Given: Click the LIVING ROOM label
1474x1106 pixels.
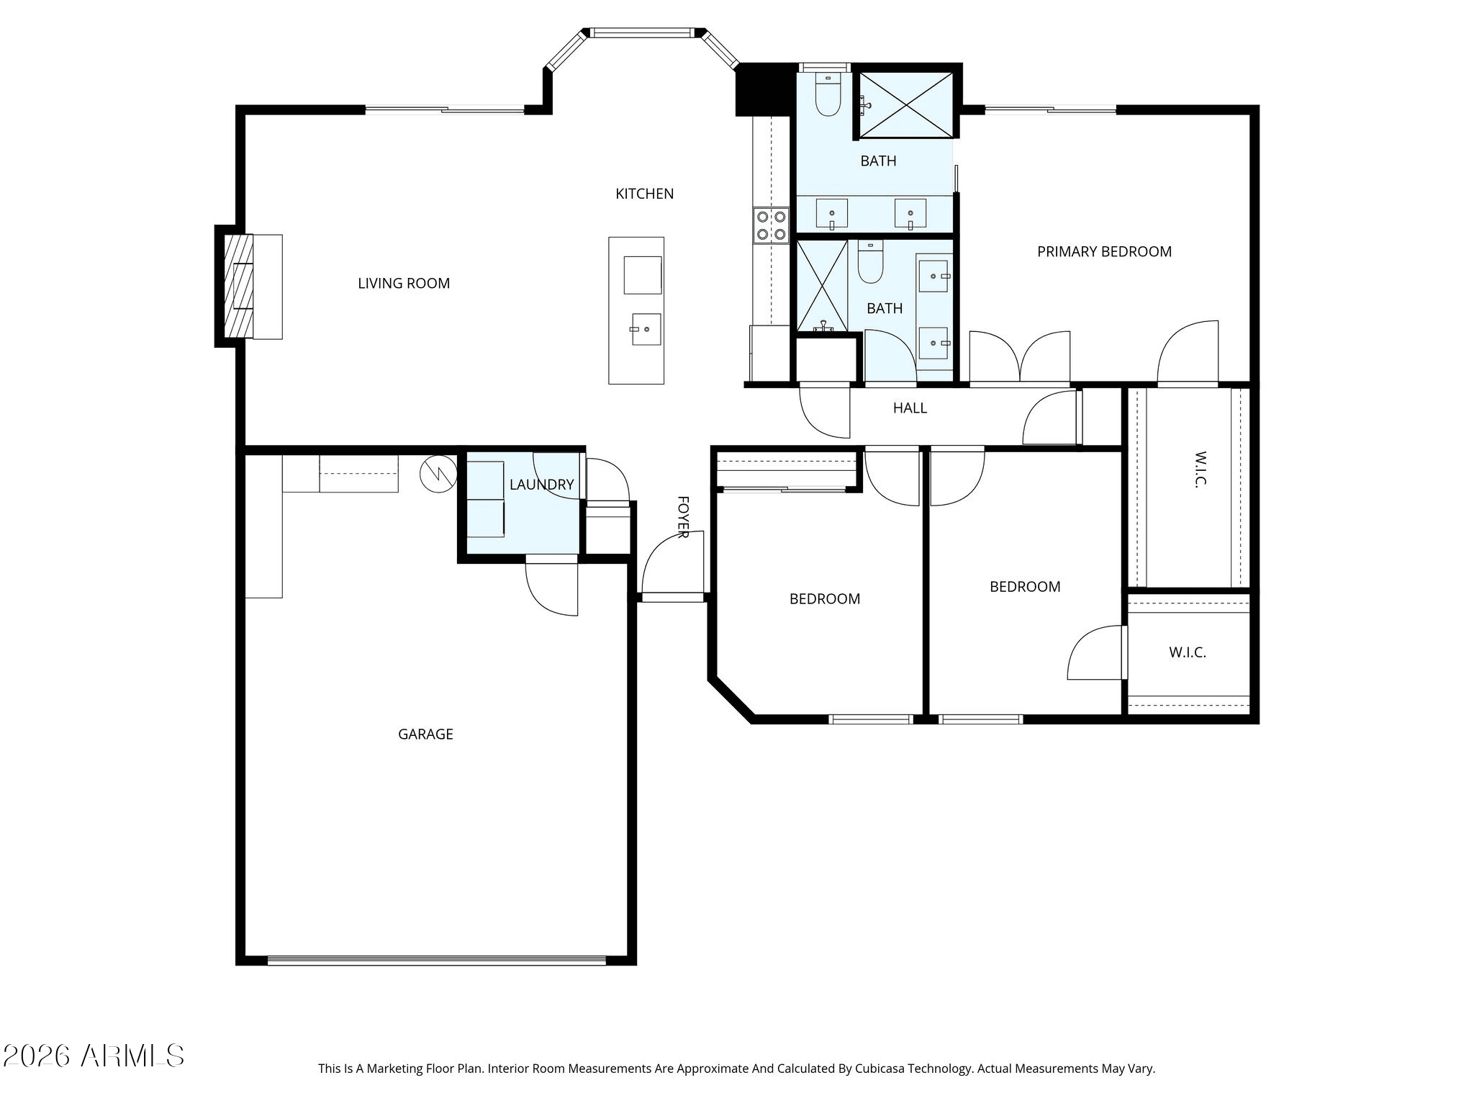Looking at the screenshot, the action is pos(404,284).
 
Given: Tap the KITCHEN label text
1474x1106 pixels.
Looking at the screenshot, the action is pos(645,194).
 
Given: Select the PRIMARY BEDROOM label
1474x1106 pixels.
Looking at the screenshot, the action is pos(1104,252).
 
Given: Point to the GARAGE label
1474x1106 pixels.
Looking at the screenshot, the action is pos(425,734).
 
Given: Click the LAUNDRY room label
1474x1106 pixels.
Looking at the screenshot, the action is pos(542,485).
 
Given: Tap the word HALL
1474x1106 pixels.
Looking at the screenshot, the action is pos(910,408).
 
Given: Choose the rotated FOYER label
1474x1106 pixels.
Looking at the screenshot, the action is pos(683,516).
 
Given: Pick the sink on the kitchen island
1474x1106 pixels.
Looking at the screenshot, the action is pos(646,329).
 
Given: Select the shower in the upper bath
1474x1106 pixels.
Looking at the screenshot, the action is pos(906,104).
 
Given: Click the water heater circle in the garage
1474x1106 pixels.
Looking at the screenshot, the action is pos(438,474).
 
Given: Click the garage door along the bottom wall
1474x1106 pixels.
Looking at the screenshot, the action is pos(437,960).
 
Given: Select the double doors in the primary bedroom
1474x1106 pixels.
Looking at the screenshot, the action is pos(1020,357).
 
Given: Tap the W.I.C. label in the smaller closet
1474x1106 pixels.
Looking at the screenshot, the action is pos(1188,653).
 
